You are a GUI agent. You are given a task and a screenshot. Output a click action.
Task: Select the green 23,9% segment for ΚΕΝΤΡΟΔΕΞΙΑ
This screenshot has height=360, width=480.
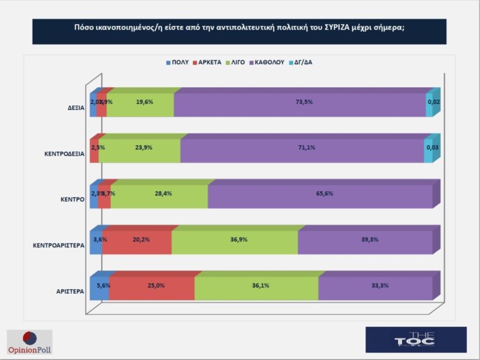click(139, 149)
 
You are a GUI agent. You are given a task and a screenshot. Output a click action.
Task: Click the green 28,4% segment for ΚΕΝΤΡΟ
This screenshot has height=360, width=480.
click(159, 195)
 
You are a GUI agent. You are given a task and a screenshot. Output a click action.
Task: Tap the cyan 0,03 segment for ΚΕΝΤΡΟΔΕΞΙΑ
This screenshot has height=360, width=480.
click(428, 149)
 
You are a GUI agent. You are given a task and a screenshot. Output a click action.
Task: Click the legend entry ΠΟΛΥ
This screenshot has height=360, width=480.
click(178, 63)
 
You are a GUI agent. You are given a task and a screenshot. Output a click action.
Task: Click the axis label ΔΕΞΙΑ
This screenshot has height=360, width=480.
click(75, 108)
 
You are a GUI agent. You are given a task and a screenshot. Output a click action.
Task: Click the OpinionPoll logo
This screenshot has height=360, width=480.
click(30, 340)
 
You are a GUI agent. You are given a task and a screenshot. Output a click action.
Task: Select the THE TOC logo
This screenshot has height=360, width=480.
click(416, 339)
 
